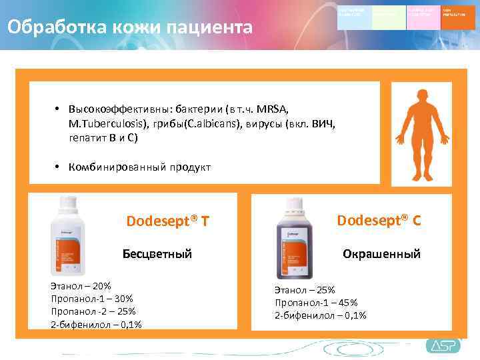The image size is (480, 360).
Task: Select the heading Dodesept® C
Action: pyautogui.click(x=379, y=220)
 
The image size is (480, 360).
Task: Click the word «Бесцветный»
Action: pyautogui.click(x=157, y=254)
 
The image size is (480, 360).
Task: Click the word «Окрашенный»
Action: pyautogui.click(x=381, y=254)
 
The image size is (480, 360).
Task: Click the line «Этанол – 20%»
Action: pyautogui.click(x=81, y=286)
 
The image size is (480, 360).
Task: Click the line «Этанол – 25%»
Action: pyautogui.click(x=305, y=290)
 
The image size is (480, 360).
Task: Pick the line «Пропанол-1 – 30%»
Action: pyautogui.click(x=92, y=299)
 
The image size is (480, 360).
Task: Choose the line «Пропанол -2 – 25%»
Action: pyautogui.click(x=93, y=311)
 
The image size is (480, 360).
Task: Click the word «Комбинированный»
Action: pyautogui.click(x=113, y=167)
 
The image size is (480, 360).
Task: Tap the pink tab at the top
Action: pyautogui.click(x=423, y=17)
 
